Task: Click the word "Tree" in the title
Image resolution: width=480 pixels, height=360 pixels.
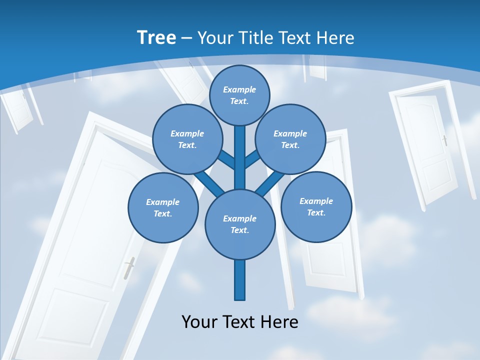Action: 156,37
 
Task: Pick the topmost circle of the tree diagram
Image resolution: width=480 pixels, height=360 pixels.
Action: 239,95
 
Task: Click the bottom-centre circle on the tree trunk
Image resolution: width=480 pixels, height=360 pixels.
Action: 240,224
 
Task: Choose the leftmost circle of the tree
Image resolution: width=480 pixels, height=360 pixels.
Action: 163,208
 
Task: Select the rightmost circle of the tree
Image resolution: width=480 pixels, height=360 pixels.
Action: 316,207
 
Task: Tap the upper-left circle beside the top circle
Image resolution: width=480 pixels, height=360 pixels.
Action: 187,139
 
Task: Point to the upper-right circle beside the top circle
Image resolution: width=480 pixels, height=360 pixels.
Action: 290,139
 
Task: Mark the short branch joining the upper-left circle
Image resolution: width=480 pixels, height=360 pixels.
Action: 226,161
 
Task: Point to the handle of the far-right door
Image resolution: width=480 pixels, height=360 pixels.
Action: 444,140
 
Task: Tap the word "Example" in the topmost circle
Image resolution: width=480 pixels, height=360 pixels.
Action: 239,89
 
